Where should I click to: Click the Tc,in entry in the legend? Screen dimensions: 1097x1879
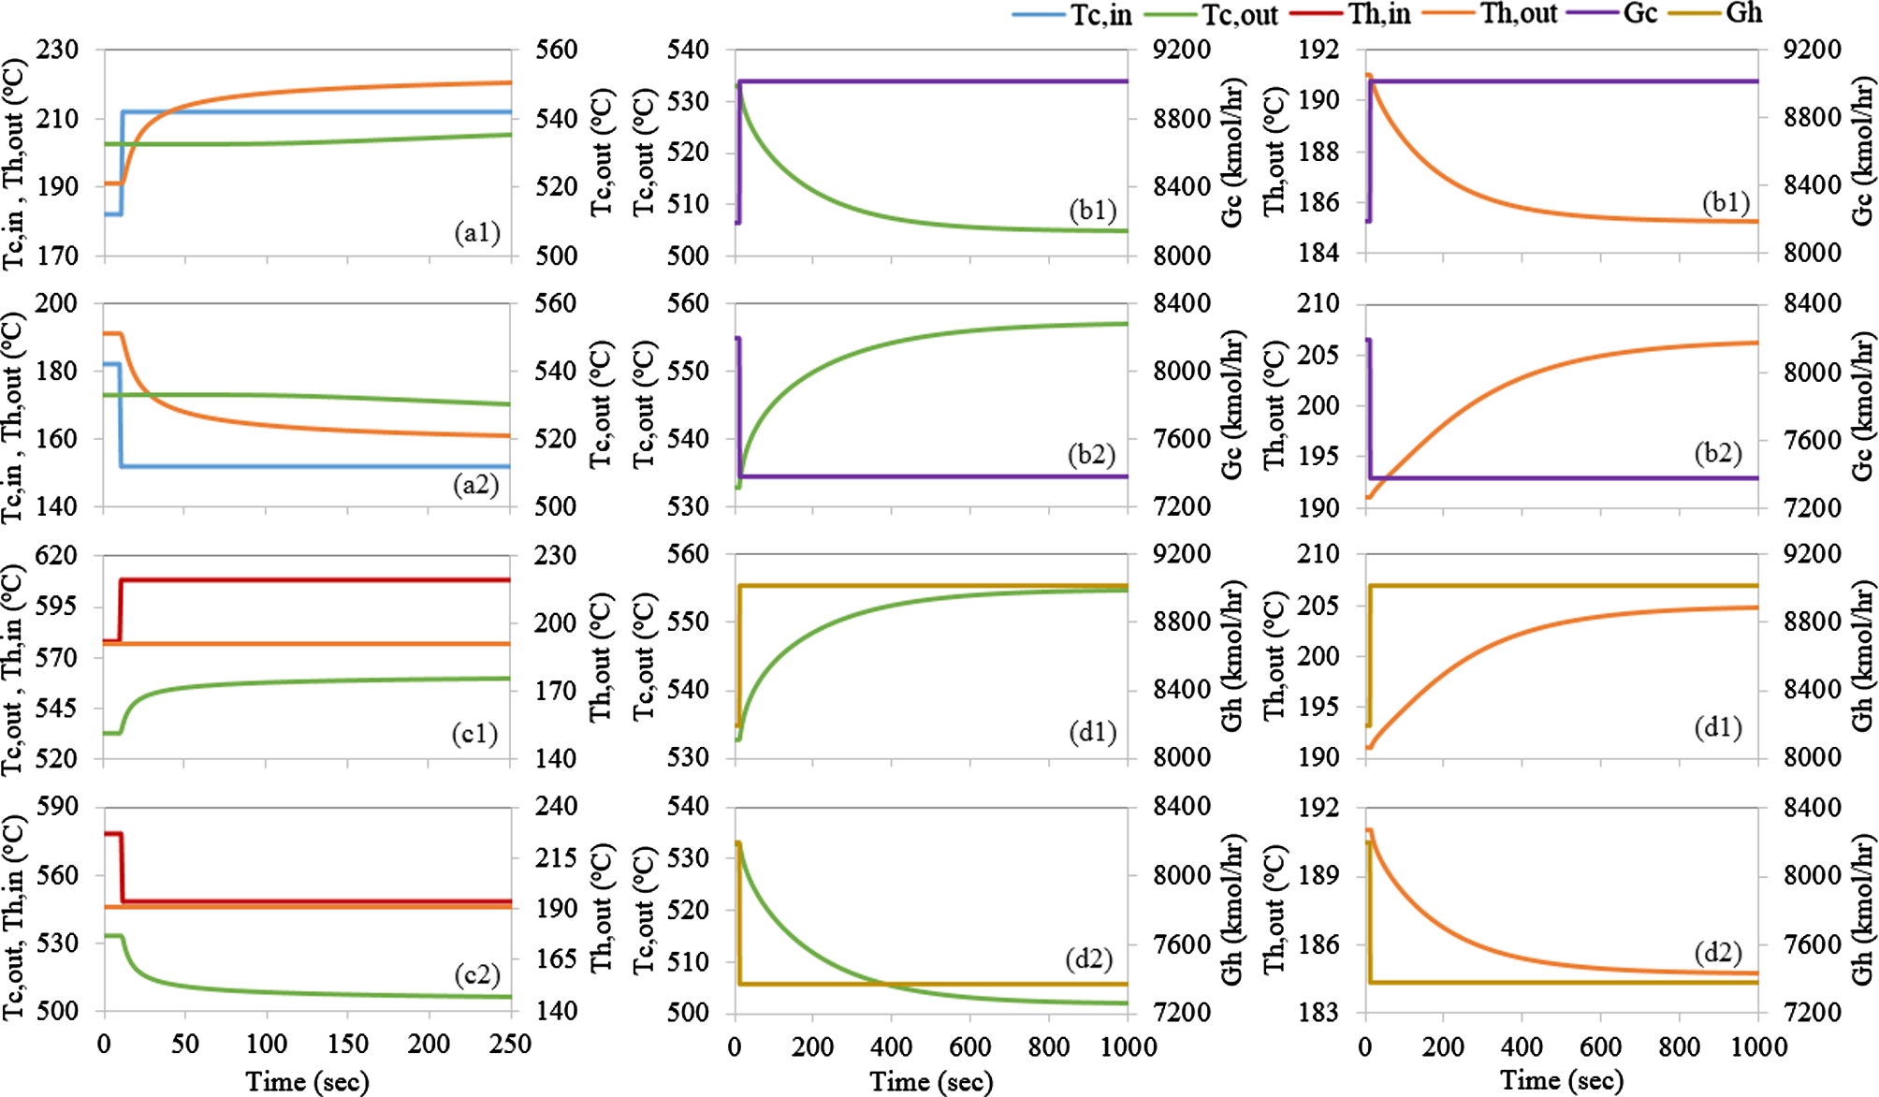(x=1100, y=14)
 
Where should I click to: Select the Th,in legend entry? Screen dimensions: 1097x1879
(x=1379, y=14)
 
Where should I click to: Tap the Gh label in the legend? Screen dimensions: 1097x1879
(x=1744, y=13)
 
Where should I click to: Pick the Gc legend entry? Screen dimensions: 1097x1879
(x=1640, y=13)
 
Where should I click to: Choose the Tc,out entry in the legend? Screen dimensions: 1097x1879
(x=1240, y=14)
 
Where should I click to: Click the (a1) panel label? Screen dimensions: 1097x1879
(x=477, y=231)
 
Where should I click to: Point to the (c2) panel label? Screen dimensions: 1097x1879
(x=477, y=974)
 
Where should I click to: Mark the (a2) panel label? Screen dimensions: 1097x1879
(x=475, y=484)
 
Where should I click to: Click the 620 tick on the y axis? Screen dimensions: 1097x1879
(x=58, y=556)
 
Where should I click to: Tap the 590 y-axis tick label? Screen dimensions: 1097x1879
(x=58, y=807)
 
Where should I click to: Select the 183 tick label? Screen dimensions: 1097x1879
(x=1319, y=1012)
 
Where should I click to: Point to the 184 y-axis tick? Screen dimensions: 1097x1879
(x=1319, y=253)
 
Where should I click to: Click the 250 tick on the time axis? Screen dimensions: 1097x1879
(x=511, y=1045)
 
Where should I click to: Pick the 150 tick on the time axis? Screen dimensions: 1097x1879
(x=348, y=1045)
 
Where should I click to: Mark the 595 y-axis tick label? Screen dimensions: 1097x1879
(x=58, y=607)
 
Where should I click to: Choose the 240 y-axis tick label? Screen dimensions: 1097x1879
(x=556, y=807)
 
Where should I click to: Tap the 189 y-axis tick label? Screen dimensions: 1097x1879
(x=1319, y=875)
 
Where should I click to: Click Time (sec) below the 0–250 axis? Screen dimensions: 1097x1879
(x=307, y=1082)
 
